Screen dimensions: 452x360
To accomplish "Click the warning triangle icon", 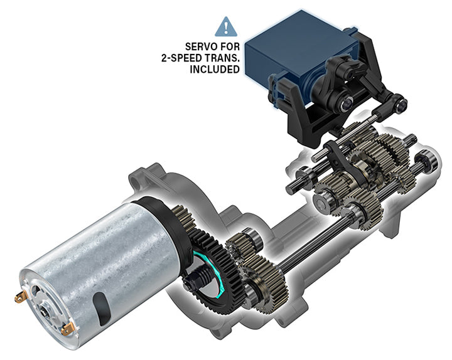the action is [226, 27].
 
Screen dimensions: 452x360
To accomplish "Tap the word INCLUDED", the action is [215, 69].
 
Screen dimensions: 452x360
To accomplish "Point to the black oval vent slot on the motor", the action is [102, 308].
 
